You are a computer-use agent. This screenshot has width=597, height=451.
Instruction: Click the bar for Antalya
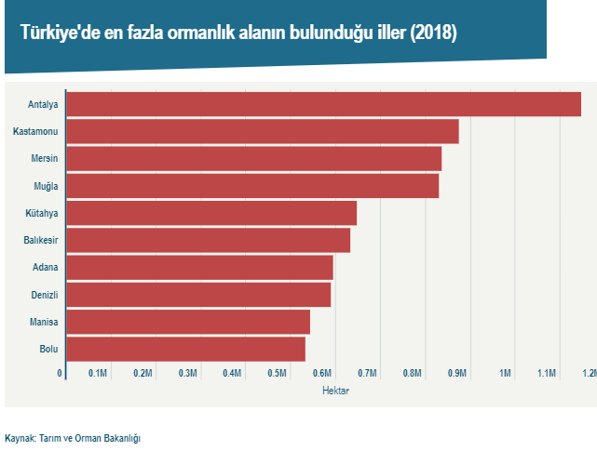[x=323, y=104]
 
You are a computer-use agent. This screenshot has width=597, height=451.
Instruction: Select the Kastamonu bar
[x=263, y=131]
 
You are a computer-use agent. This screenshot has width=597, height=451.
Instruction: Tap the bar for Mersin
[x=253, y=158]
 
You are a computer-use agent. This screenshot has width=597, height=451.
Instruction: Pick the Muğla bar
[x=252, y=186]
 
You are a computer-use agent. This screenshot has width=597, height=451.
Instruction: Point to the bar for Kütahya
[x=211, y=213]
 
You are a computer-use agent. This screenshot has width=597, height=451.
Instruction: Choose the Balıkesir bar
[x=208, y=240]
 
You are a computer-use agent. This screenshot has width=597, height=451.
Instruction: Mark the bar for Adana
[x=199, y=268]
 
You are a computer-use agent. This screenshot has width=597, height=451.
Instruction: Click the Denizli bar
[x=198, y=295]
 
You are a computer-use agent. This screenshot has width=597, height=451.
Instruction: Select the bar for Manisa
[x=188, y=322]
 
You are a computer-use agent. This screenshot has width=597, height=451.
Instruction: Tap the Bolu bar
[x=185, y=349]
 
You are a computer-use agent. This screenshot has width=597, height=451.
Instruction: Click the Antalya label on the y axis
[x=44, y=104]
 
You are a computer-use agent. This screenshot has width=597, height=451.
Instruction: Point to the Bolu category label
[x=48, y=350]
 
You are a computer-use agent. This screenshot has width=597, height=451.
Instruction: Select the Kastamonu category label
[x=36, y=131]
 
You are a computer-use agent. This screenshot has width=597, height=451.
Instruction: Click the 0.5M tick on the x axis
[x=278, y=373]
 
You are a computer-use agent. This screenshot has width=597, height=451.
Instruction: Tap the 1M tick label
[x=506, y=373]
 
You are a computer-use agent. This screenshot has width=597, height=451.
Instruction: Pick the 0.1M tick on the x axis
[x=98, y=373]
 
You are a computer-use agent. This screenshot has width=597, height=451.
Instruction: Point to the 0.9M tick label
[x=457, y=373]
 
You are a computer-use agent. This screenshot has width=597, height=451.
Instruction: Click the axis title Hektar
[x=335, y=391]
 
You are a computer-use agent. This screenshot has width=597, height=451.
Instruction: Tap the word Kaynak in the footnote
[x=19, y=437]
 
